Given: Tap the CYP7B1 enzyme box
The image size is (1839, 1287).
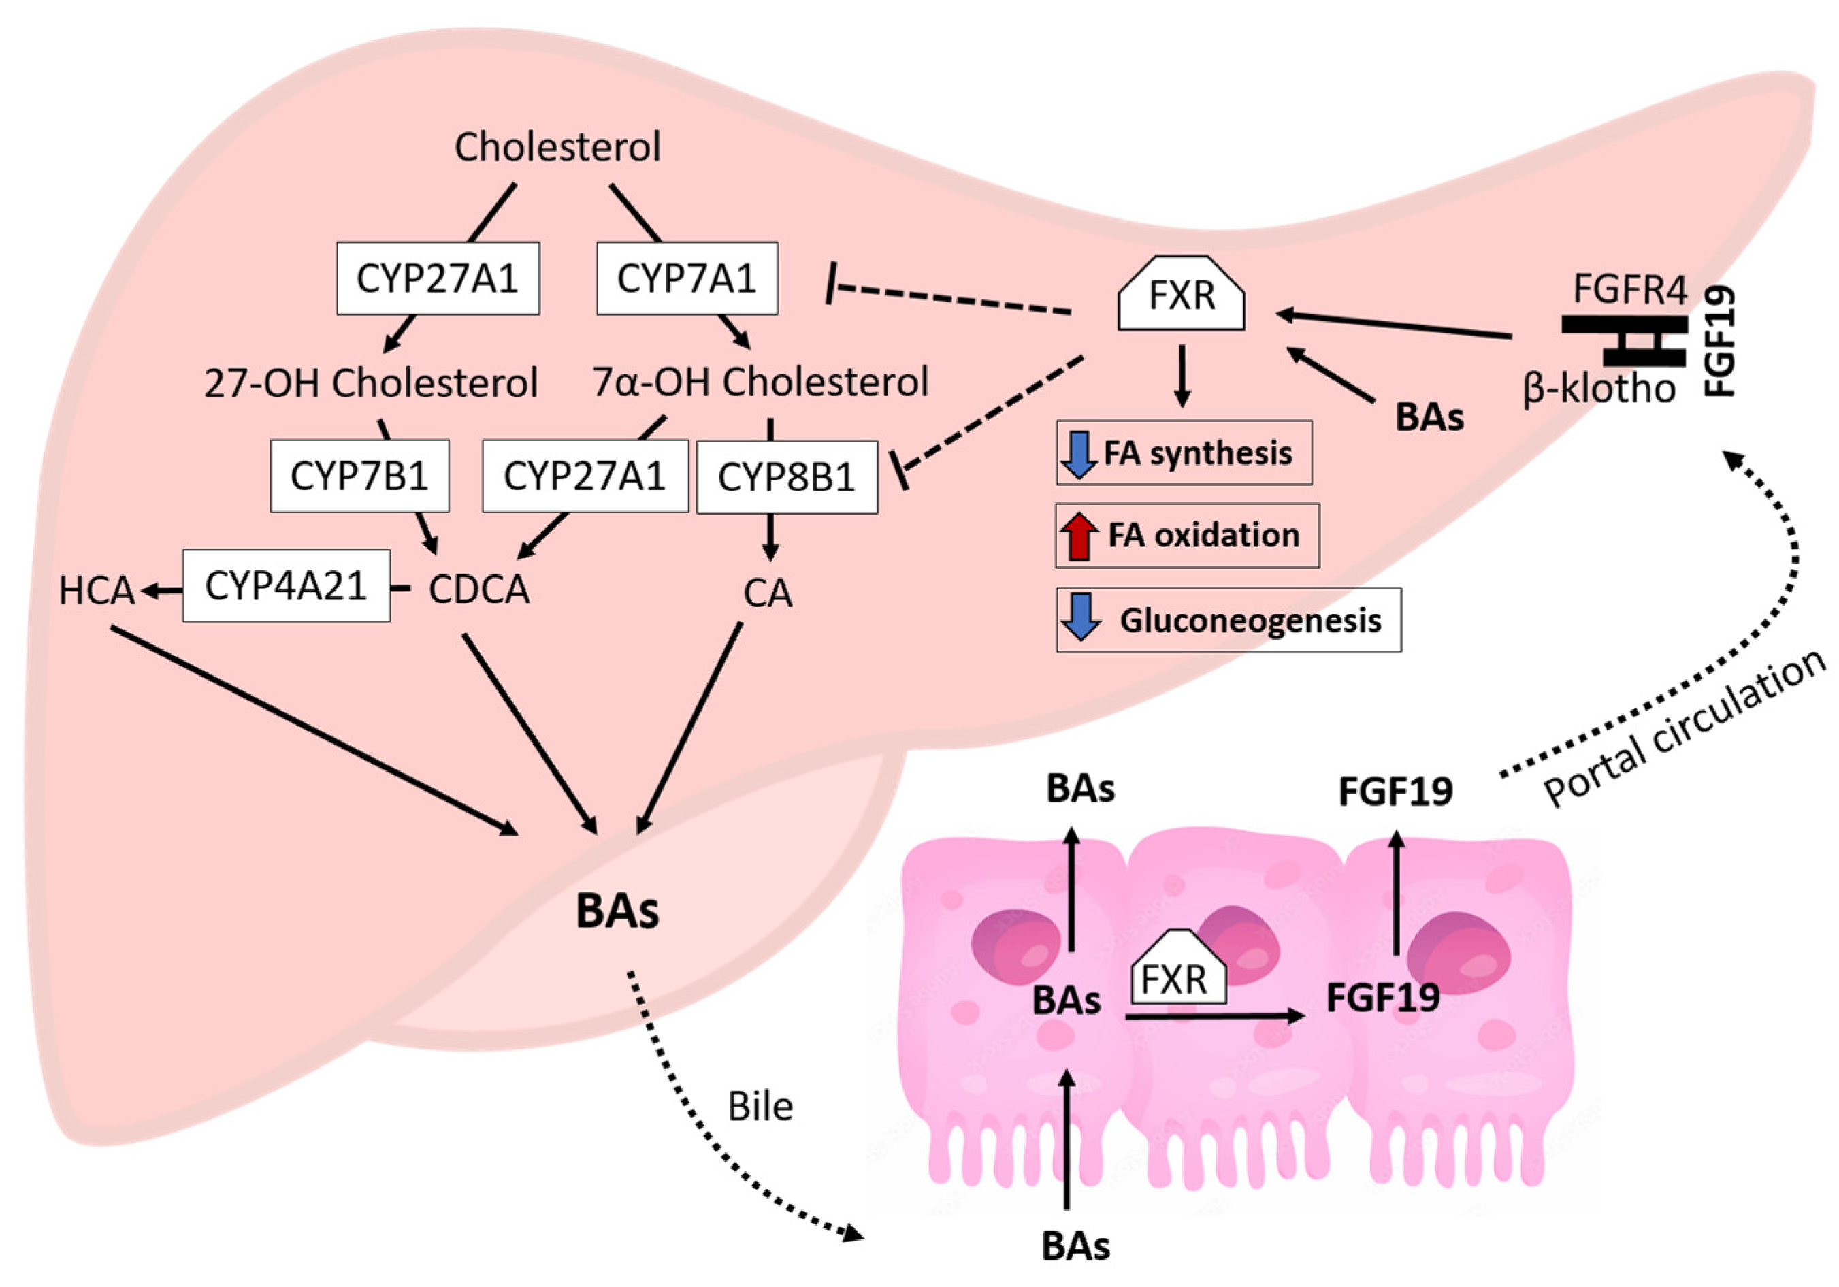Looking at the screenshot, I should tap(359, 476).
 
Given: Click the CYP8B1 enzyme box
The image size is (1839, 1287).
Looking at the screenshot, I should tap(787, 477).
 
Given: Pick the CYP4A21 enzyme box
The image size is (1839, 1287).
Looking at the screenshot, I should tap(286, 586).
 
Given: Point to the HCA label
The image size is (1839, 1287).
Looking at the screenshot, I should tap(96, 591).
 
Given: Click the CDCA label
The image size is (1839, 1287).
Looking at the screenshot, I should tap(479, 590).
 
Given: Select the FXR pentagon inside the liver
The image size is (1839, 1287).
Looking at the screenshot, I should tap(1182, 295).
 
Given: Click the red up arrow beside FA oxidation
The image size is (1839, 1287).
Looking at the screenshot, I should tap(1079, 536).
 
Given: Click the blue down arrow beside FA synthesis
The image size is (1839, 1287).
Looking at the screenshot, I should tap(1079, 454).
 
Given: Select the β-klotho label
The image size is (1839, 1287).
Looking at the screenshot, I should tap(1599, 389).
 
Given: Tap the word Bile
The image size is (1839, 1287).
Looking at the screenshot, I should tap(760, 1107).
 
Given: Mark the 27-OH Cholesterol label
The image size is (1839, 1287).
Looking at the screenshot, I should tap(370, 382).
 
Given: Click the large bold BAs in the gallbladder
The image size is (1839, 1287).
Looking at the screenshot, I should tap(617, 911).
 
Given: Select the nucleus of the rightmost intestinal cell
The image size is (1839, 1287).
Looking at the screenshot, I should tap(1459, 953).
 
